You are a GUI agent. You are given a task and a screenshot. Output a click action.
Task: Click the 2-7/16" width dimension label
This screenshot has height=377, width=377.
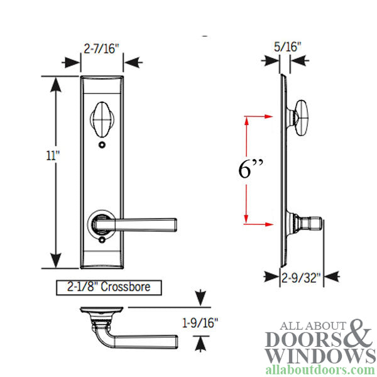pos(102,47)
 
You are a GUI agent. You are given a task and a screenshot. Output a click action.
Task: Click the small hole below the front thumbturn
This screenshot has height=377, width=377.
pos(101,146)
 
